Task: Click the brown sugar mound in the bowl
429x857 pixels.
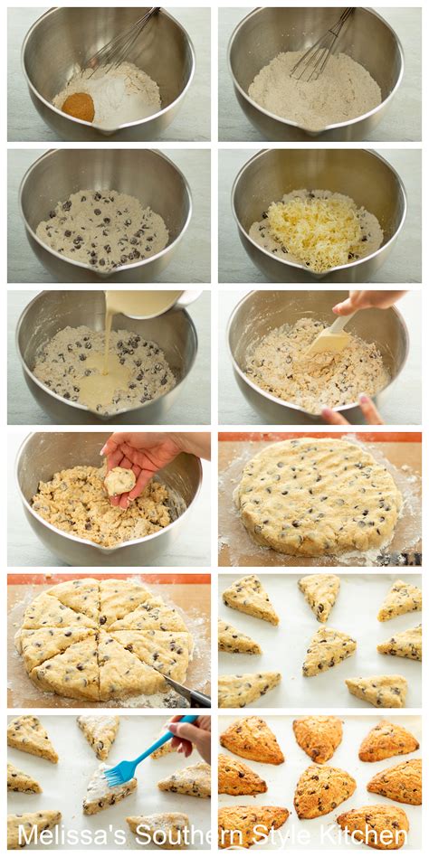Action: tap(78, 107)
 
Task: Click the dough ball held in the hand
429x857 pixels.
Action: tap(119, 482)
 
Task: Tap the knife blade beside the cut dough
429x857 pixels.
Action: tap(186, 691)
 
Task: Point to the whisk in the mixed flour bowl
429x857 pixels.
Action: tap(322, 43)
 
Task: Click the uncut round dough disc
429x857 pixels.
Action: tap(319, 497)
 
